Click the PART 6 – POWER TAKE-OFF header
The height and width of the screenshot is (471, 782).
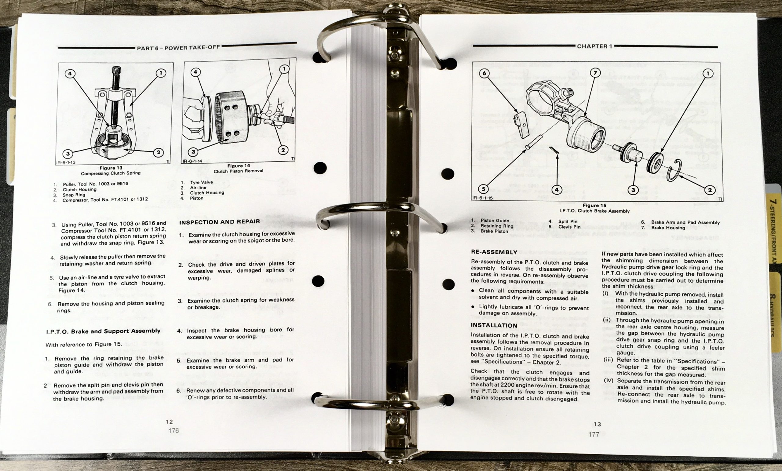[x=178, y=48]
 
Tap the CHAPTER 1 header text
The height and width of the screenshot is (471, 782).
[x=594, y=46]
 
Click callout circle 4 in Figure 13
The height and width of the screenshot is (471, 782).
[x=70, y=74]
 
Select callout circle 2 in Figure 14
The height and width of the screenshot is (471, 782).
[x=283, y=150]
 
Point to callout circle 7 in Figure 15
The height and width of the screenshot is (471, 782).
[x=595, y=73]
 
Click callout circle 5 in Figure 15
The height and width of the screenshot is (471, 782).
[x=483, y=189]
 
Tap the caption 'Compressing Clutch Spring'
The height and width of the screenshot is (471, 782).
[x=111, y=173]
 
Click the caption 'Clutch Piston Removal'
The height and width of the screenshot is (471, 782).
[x=238, y=171]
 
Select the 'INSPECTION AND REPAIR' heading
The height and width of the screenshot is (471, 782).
[x=219, y=222]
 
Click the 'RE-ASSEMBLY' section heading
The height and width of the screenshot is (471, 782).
[x=494, y=252]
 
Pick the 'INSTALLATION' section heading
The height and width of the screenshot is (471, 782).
[x=494, y=325]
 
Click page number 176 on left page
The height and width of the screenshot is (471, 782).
[x=173, y=431]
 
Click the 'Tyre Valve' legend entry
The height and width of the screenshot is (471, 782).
[x=202, y=182]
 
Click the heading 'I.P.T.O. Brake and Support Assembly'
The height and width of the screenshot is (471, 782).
[x=103, y=331]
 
